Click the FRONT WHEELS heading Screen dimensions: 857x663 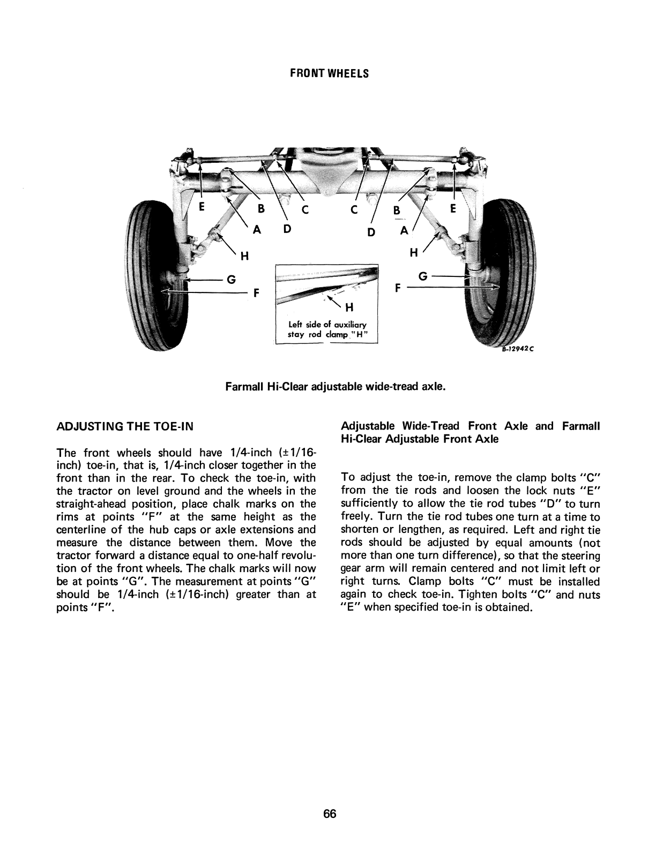tap(330, 74)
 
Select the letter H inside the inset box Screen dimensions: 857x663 tap(349, 307)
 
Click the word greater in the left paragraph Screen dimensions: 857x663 tap(251, 595)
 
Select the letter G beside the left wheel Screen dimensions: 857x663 tap(231, 279)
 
